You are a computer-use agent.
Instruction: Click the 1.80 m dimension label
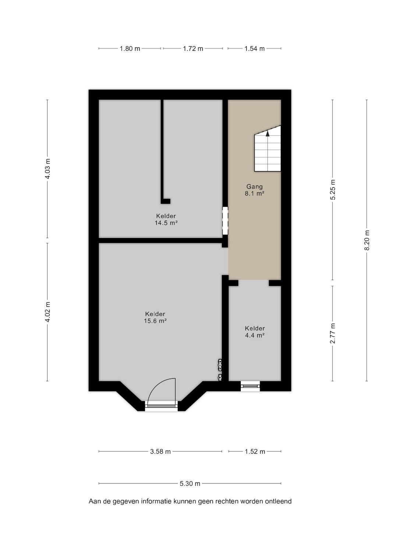130,48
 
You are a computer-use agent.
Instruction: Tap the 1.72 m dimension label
193,48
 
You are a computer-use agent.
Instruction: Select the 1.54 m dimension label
254,48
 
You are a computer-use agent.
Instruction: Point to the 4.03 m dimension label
47,169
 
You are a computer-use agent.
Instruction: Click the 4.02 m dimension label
47,312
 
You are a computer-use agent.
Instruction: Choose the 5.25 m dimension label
333,190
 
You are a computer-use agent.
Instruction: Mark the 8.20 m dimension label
367,240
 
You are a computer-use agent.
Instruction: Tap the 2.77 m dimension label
333,333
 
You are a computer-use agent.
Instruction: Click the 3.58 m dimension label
160,451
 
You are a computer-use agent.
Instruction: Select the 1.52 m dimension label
255,451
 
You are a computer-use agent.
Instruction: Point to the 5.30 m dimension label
190,483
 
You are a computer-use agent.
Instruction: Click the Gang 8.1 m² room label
254,190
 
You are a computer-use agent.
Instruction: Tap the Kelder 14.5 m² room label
166,219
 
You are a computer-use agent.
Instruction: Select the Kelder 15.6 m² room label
155,317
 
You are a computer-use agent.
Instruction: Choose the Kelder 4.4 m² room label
255,332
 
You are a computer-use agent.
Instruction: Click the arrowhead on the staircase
268,134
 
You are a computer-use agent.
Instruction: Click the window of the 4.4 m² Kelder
250,386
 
